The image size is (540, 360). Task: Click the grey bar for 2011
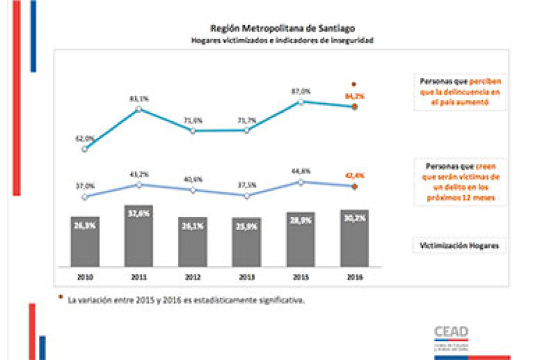coord(139,236)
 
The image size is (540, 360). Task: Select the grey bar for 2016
coord(354,238)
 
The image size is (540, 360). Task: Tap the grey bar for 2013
coord(246,242)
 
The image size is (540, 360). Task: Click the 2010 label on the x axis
coord(84,277)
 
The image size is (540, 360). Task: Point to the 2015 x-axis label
coord(300,277)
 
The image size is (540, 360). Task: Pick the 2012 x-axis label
coord(193,277)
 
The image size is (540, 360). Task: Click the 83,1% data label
coord(139,98)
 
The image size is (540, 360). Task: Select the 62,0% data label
coord(85,138)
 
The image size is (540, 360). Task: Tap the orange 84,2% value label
coord(355,96)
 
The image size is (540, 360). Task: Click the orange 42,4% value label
coord(355,175)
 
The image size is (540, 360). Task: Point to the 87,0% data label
coord(301,91)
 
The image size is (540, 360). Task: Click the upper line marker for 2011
coord(139,109)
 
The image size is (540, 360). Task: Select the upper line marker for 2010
coord(85,149)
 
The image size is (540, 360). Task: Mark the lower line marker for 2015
coord(301,182)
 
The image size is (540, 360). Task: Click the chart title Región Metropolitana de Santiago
coord(283,28)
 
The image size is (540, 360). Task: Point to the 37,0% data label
coord(85,185)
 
